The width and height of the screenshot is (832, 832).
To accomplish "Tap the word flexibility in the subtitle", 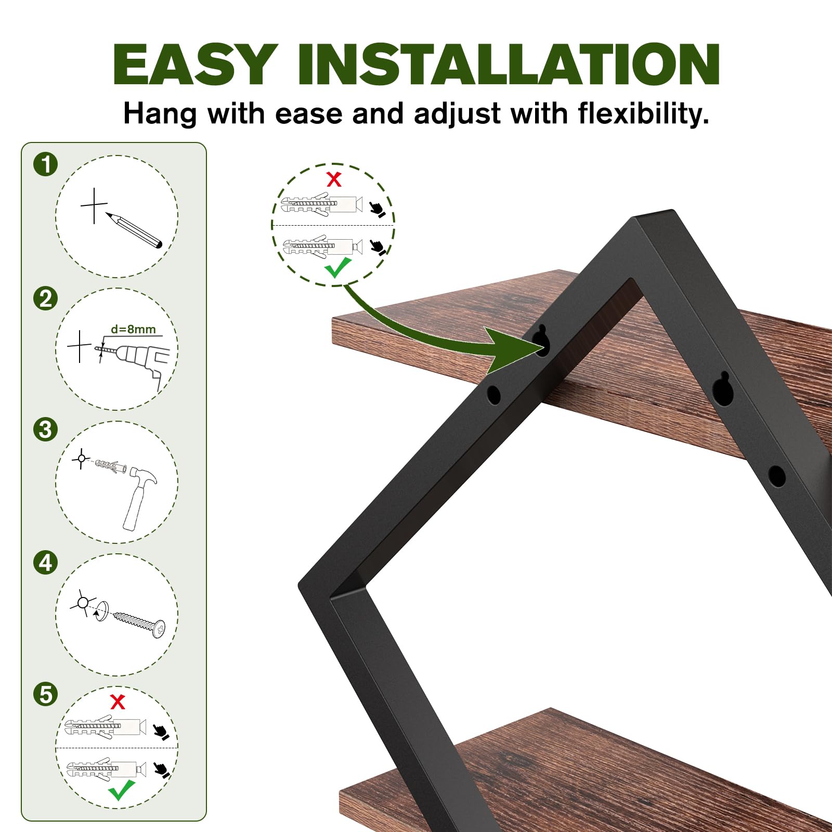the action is click(640, 113).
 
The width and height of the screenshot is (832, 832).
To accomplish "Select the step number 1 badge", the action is click(46, 164).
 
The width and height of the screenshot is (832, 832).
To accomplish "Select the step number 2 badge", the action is click(46, 298).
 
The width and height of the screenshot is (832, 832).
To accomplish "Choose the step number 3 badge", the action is click(46, 430).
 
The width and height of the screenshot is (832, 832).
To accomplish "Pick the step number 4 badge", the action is click(46, 563).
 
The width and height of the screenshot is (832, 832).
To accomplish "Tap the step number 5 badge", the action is click(46, 694).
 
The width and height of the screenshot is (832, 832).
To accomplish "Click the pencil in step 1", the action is click(134, 229).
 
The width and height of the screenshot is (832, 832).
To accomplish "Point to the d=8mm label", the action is click(133, 329).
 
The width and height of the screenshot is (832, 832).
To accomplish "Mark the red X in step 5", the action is click(118, 701).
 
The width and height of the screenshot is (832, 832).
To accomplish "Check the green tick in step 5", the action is click(122, 790).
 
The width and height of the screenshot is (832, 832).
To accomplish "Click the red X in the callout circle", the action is click(334, 179).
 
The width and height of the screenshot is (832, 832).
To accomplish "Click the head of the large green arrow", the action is click(515, 349).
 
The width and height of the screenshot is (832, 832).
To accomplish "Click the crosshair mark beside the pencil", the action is click(94, 205).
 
